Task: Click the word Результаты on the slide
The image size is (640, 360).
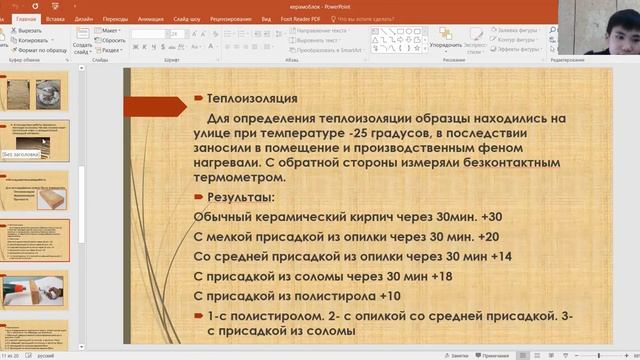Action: click(239, 196)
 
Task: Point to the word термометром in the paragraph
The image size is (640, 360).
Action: click(240, 177)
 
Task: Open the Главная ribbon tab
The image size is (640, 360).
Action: click(26, 18)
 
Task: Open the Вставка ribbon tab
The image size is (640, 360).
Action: click(55, 18)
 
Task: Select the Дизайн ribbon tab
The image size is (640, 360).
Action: click(84, 18)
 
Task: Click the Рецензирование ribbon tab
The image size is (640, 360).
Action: click(230, 18)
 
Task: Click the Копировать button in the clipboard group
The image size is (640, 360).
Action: click(31, 40)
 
